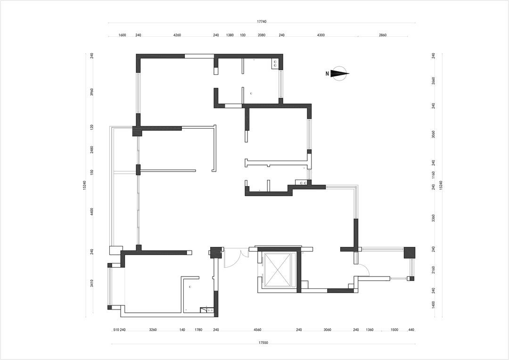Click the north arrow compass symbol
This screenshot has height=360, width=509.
(339, 74)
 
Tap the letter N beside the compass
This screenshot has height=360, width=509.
(327, 74)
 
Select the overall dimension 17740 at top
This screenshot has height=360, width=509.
(262, 22)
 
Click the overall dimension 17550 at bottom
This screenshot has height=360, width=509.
(263, 342)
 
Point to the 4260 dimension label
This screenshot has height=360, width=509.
(177, 35)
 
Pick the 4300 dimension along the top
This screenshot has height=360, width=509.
(321, 35)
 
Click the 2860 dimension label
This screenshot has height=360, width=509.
(383, 35)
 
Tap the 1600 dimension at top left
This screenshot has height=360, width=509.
(122, 35)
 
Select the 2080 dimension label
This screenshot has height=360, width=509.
(262, 35)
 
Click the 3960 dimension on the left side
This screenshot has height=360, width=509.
(92, 92)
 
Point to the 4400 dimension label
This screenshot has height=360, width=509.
(92, 212)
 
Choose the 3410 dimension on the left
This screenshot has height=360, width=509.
(92, 283)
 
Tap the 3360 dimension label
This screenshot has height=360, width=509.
(434, 218)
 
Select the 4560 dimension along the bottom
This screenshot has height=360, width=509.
(257, 330)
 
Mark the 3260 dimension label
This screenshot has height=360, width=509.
(153, 330)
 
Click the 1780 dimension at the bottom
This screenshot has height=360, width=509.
(198, 330)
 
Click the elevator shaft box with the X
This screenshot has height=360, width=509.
(277, 270)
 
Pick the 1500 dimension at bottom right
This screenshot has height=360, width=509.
(394, 330)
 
